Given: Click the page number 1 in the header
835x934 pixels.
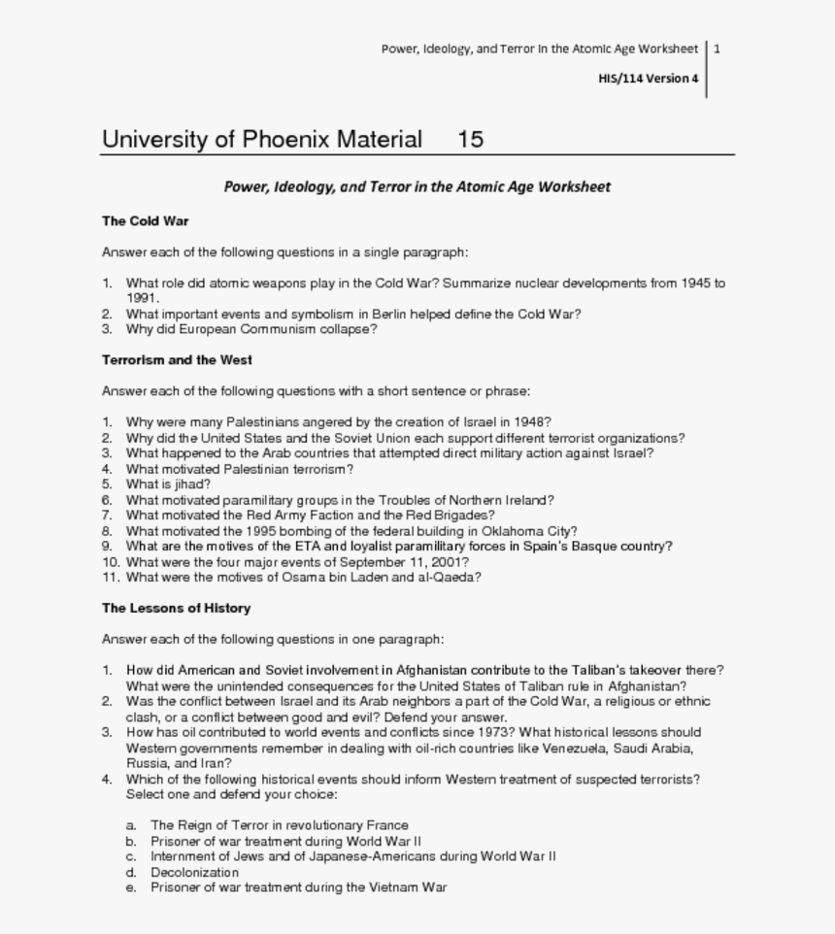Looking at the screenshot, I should pyautogui.click(x=717, y=49).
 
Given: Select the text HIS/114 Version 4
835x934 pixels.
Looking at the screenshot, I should pyautogui.click(x=648, y=79).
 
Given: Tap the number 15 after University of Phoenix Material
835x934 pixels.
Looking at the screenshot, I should pyautogui.click(x=470, y=139).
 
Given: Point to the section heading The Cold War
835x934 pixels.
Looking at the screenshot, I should pyautogui.click(x=145, y=220).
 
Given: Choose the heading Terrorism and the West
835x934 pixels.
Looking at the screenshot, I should pyautogui.click(x=177, y=359).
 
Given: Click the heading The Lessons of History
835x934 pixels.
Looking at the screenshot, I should pyautogui.click(x=176, y=608).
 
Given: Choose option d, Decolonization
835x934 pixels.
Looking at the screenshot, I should pyautogui.click(x=194, y=872).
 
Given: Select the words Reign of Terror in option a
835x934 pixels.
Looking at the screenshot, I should pyautogui.click(x=218, y=825).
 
